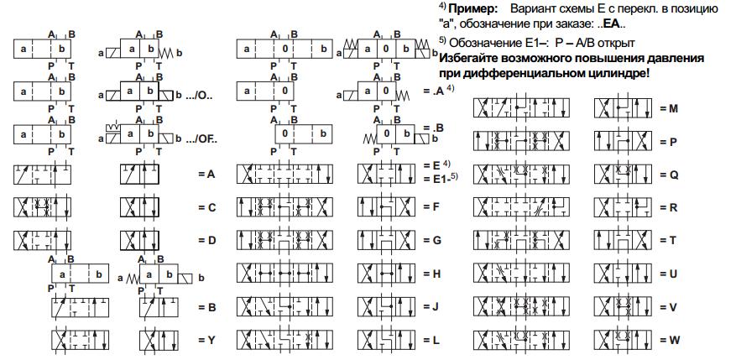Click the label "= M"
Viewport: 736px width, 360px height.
point(668,108)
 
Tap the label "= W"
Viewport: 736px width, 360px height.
point(670,341)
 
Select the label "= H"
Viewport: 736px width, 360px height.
point(431,274)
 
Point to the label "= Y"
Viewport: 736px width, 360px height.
point(206,341)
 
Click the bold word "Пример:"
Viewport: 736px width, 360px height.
point(472,9)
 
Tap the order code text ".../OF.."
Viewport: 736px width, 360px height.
point(202,139)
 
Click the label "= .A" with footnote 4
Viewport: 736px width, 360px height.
point(434,91)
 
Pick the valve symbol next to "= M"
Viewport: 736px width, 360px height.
point(623,108)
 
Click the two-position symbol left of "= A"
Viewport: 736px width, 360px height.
point(139,175)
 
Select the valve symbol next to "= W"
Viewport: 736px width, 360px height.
point(623,341)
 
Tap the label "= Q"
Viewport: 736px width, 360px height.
point(669,175)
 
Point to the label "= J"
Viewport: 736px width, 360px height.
point(431,307)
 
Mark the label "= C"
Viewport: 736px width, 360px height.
point(206,207)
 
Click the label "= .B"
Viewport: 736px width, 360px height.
point(433,128)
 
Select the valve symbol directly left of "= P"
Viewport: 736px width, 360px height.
point(623,141)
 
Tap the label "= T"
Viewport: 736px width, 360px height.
point(668,240)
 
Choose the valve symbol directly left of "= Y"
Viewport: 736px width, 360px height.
point(159,341)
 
